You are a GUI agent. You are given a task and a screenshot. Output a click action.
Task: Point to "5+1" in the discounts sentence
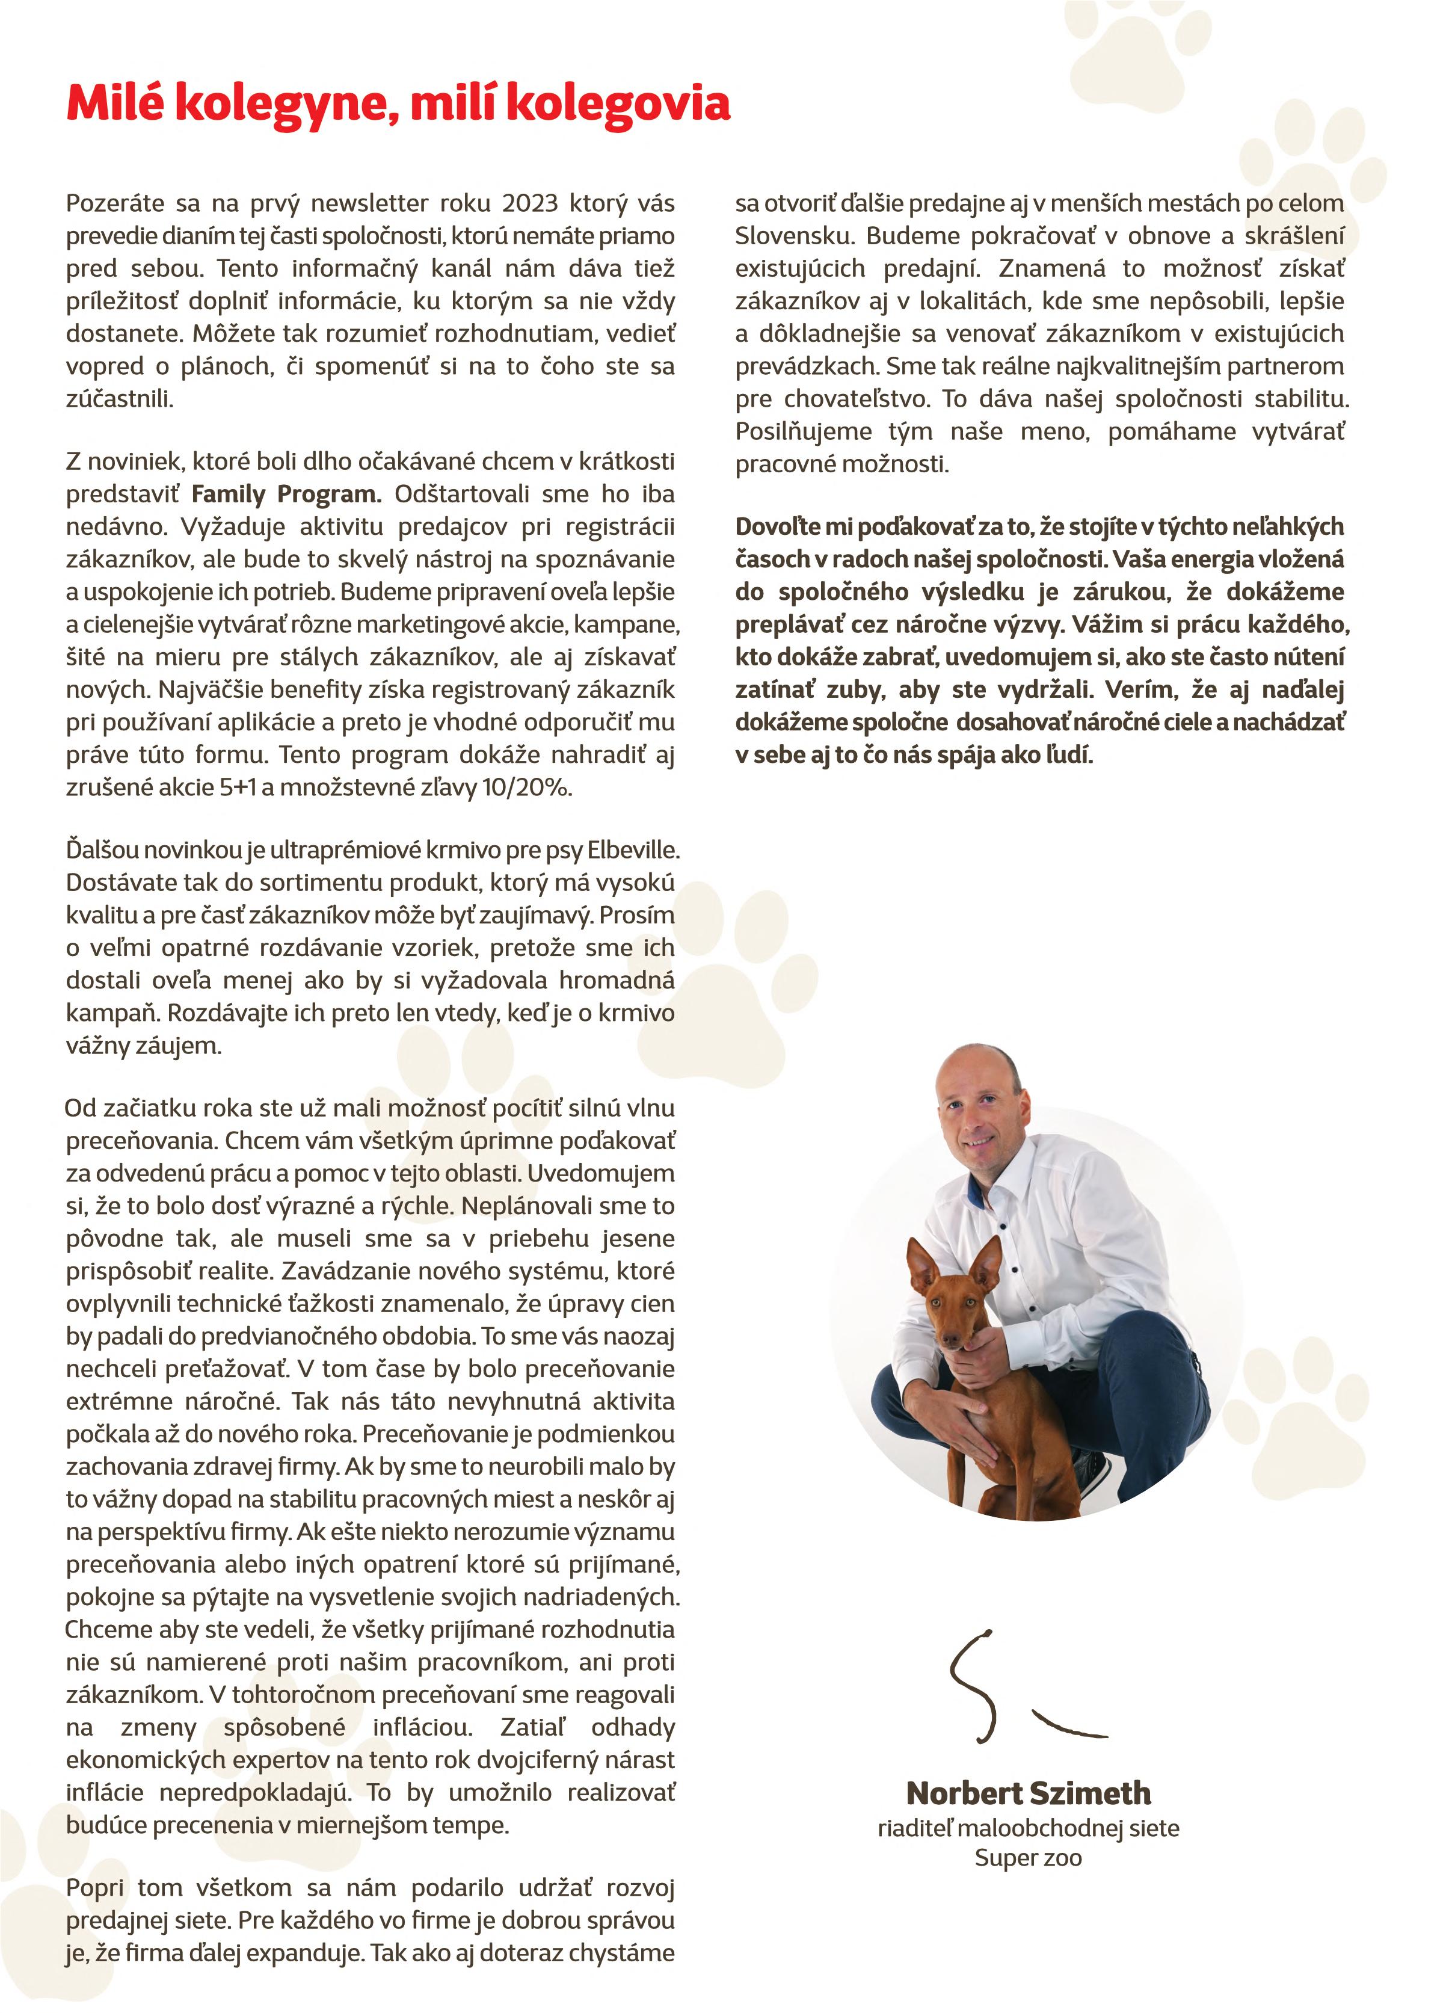tap(238, 788)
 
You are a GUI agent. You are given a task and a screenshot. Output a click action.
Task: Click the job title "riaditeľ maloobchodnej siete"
tap(1028, 1828)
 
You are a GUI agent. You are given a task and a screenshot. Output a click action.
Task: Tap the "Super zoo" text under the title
tap(1028, 1858)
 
